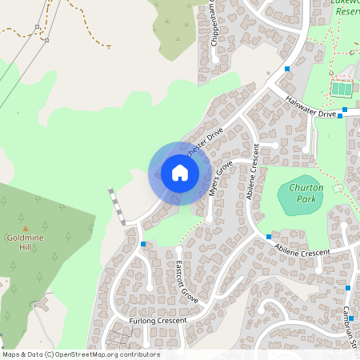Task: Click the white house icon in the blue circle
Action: click(x=180, y=173)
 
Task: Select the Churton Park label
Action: click(x=302, y=193)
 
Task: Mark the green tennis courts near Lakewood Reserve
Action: click(x=342, y=88)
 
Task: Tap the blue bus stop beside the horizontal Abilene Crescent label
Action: click(x=269, y=238)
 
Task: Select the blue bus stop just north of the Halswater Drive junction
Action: click(x=287, y=70)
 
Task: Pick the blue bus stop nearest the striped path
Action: click(x=143, y=243)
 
